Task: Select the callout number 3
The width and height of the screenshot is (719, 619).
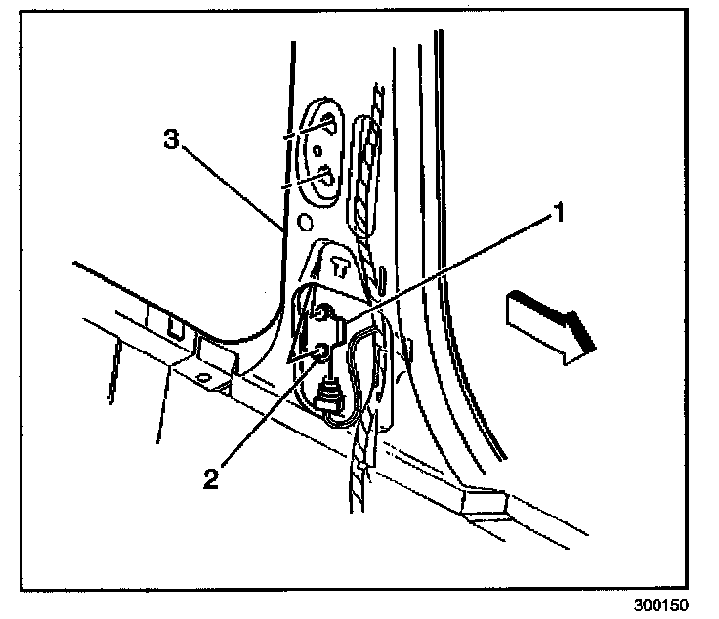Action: [171, 141]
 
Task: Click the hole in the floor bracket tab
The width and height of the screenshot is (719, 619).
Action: [204, 375]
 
